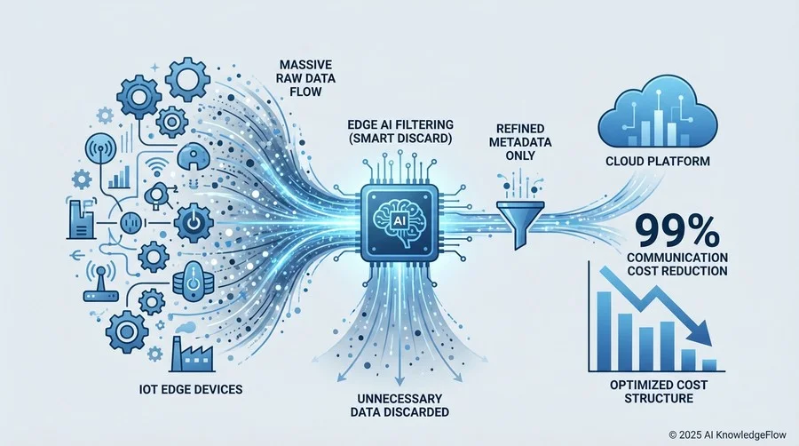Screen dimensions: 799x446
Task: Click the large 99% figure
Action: point(677,231)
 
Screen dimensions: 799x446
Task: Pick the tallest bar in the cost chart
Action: point(604,331)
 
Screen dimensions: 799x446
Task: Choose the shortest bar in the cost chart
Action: point(709,365)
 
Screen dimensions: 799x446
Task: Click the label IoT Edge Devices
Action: point(191,389)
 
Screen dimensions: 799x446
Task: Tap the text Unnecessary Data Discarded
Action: point(400,405)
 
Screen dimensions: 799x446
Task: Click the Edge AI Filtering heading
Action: point(400,131)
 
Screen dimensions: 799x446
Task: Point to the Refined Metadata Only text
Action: point(520,141)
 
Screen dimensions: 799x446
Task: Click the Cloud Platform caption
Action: point(658,161)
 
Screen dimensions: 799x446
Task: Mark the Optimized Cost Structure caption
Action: point(659,391)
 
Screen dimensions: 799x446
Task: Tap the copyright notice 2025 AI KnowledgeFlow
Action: point(728,434)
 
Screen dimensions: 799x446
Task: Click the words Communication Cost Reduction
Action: point(677,264)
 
